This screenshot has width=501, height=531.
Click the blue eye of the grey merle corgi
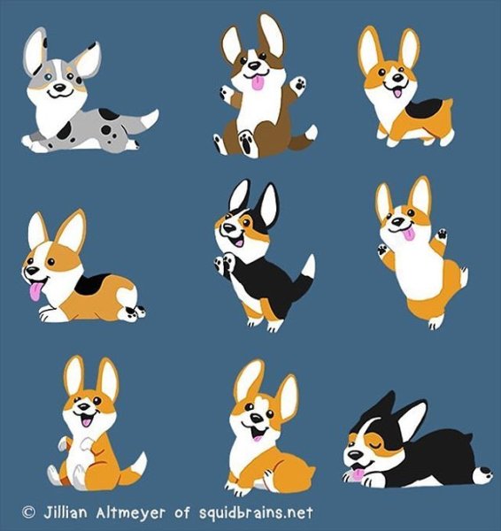[49, 76]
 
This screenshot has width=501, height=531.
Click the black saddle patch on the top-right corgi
[423, 109]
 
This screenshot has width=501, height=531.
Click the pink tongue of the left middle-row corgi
[35, 291]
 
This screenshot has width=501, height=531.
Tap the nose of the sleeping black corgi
[356, 455]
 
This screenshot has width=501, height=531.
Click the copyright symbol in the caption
[28, 512]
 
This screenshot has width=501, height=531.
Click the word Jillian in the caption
[65, 512]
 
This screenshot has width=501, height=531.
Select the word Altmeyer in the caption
[131, 512]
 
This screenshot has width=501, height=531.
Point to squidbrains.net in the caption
[256, 512]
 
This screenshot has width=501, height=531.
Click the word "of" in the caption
[182, 512]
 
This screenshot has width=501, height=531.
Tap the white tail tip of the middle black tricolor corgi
[309, 266]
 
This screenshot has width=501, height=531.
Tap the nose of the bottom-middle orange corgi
[257, 419]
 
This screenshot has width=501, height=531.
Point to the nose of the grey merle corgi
[60, 88]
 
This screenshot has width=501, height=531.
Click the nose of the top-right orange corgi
[398, 78]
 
